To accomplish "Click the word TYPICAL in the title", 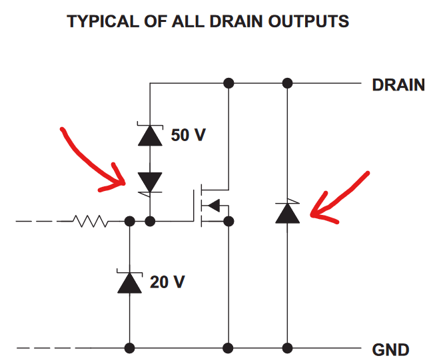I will (x=99, y=21).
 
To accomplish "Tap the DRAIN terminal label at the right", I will (x=398, y=85).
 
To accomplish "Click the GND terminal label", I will (x=391, y=349).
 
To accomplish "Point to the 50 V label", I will (x=189, y=135).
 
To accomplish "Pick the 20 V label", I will (x=167, y=281).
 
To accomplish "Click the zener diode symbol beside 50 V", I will (x=150, y=134).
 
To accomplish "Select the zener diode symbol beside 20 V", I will (x=129, y=282).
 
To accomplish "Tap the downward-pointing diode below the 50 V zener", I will (x=150, y=181).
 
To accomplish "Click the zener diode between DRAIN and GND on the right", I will (x=287, y=212).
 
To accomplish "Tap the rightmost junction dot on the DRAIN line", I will (x=287, y=83).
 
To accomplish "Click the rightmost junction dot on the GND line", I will (x=287, y=347).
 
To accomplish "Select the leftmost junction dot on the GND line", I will (x=129, y=347).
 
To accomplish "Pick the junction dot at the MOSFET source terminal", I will (x=229, y=221).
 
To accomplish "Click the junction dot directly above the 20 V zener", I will (x=129, y=221).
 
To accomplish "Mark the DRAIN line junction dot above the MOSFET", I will (x=229, y=83).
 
